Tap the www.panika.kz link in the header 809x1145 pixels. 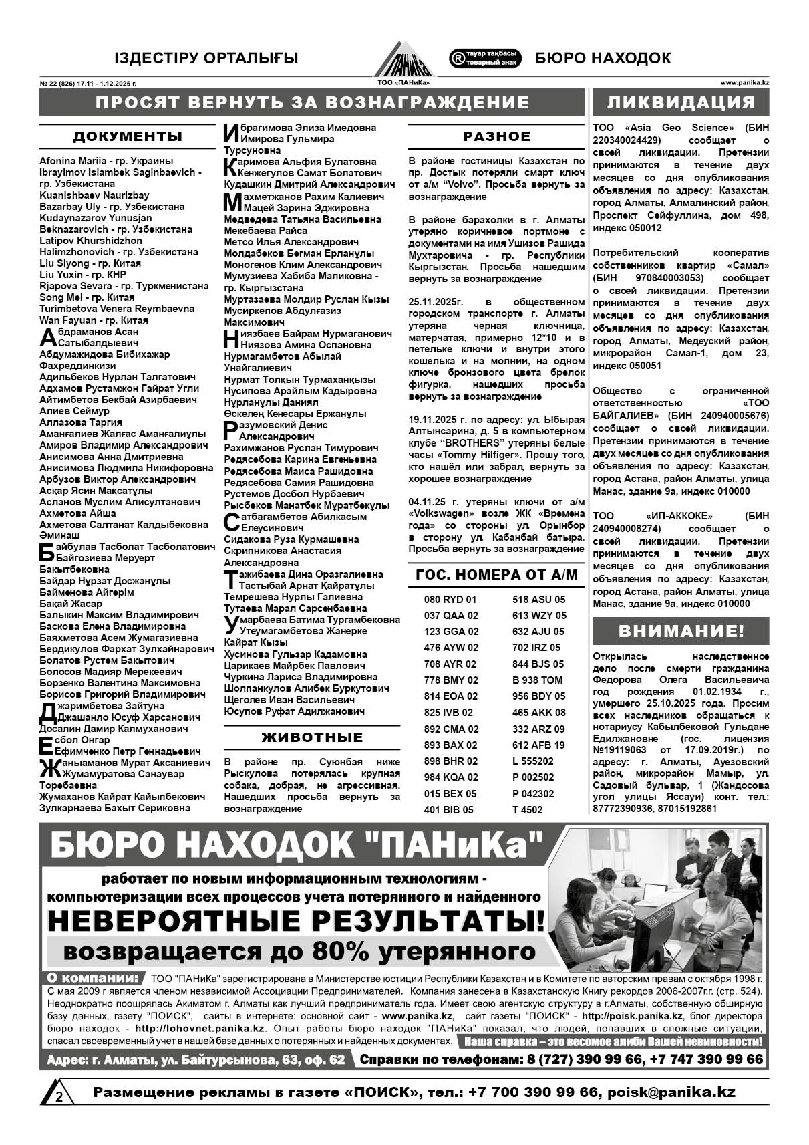(x=745, y=84)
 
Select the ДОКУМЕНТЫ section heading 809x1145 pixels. (x=128, y=137)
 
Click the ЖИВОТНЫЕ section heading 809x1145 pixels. (x=312, y=737)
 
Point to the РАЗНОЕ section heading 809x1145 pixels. (x=496, y=136)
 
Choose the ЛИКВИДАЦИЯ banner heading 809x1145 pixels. (x=681, y=102)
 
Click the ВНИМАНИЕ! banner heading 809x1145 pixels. (x=681, y=631)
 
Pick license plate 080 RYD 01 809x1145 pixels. (x=450, y=600)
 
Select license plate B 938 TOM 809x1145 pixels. (x=537, y=680)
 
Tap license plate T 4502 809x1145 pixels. (x=527, y=810)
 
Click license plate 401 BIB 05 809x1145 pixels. (x=448, y=810)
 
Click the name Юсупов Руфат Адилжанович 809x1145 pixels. (x=295, y=711)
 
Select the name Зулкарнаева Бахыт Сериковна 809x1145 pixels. (x=115, y=808)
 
